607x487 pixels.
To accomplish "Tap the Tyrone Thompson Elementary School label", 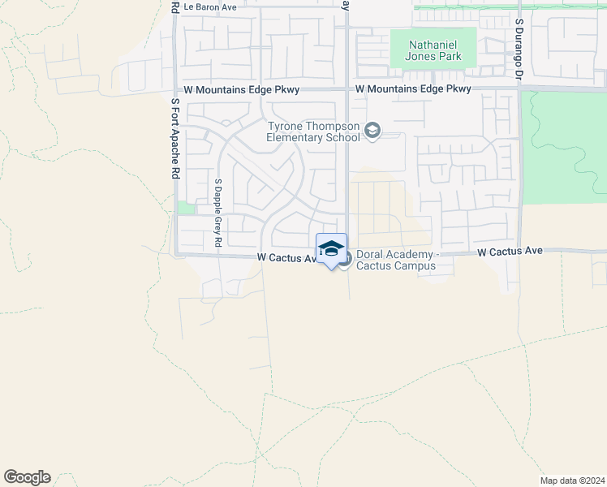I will click(313, 131).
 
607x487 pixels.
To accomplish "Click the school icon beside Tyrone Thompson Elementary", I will click(372, 131).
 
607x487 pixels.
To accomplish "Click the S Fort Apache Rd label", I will click(174, 140).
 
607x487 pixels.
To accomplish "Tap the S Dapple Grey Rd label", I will click(218, 213).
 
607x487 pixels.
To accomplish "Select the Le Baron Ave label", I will click(209, 6).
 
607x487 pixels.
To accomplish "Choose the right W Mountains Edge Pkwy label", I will click(413, 88).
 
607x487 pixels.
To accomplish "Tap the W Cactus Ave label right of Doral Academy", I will click(510, 252).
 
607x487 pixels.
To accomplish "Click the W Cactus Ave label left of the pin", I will click(286, 257).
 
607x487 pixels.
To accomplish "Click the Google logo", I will click(27, 477).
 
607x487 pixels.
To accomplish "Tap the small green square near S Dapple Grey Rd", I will click(186, 208).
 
